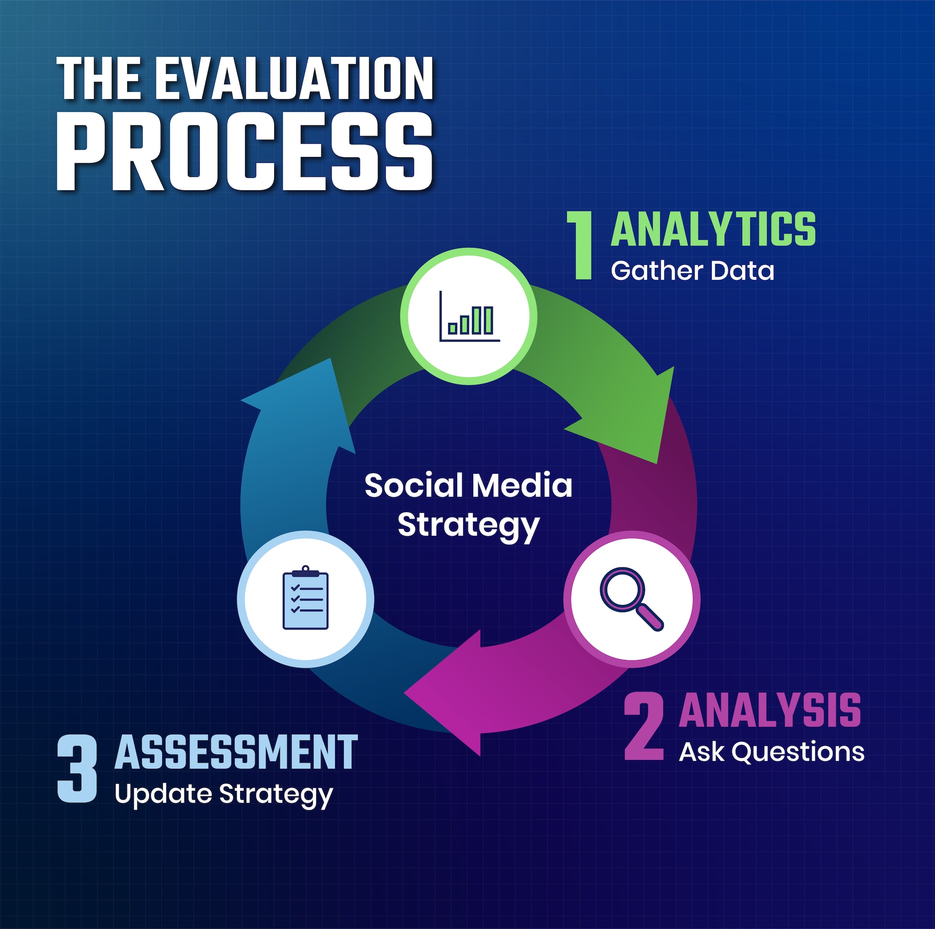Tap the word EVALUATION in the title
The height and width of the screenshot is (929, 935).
click(x=297, y=78)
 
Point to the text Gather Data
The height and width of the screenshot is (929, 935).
click(x=692, y=271)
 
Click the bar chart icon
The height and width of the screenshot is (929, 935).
click(x=468, y=316)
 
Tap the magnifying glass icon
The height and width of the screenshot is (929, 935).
click(x=631, y=599)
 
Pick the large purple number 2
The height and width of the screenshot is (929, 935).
click(x=644, y=726)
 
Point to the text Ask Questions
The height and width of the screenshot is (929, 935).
click(x=771, y=752)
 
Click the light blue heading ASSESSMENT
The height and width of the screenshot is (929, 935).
click(x=236, y=753)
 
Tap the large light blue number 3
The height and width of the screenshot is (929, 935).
click(x=77, y=769)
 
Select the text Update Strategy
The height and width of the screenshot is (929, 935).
click(x=224, y=794)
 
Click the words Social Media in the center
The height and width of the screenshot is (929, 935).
click(x=468, y=485)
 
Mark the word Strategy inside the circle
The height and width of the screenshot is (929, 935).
click(x=468, y=525)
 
